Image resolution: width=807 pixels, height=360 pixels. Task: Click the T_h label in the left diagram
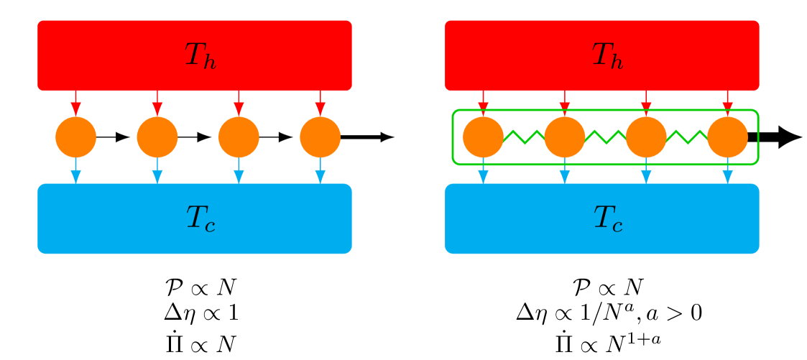[200, 56]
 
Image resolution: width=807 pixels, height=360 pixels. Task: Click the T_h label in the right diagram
[607, 56]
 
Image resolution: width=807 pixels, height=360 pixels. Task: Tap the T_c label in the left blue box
[200, 218]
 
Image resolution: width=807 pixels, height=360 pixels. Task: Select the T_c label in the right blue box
[607, 218]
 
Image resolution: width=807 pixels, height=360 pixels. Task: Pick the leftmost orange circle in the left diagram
[75, 137]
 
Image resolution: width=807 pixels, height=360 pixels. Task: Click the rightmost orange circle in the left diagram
[321, 137]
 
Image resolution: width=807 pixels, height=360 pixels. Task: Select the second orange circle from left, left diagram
[157, 137]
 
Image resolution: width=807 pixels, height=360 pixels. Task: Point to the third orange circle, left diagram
[239, 137]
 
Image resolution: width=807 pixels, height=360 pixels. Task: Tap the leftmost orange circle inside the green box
[483, 137]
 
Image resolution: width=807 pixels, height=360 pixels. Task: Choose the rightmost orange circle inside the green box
[727, 137]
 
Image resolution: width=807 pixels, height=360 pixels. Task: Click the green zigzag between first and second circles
[524, 137]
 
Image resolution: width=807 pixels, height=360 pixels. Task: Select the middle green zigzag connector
[605, 137]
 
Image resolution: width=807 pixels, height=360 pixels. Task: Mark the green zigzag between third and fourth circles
[687, 137]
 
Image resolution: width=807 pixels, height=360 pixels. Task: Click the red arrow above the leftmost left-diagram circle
[75, 104]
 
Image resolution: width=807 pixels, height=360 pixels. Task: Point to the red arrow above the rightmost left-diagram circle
[321, 104]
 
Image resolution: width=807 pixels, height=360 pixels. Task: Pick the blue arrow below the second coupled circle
[565, 173]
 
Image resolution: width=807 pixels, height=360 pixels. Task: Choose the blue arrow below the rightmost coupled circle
[727, 173]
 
